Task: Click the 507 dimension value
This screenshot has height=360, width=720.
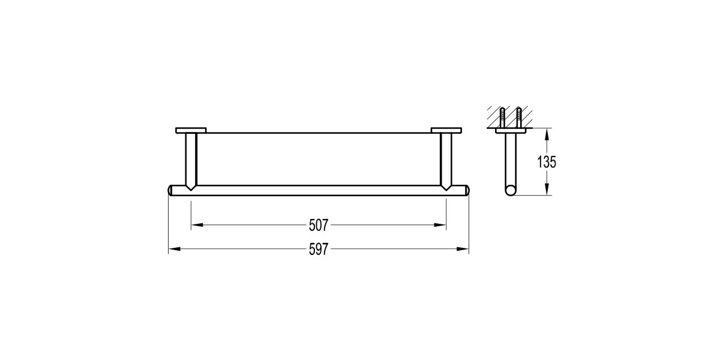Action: pyautogui.click(x=318, y=226)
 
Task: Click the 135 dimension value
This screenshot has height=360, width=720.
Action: pyautogui.click(x=547, y=161)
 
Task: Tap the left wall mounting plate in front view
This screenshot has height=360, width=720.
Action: pyautogui.click(x=191, y=130)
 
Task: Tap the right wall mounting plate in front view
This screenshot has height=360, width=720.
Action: pyautogui.click(x=446, y=130)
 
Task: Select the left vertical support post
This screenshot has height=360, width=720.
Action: pyautogui.click(x=191, y=159)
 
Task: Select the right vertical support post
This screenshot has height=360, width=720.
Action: pyautogui.click(x=446, y=159)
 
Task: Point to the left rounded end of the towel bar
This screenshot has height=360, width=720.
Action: pyautogui.click(x=170, y=190)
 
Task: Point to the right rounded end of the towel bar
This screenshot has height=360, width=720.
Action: pyautogui.click(x=466, y=190)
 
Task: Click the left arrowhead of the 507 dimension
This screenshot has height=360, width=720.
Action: pyautogui.click(x=196, y=226)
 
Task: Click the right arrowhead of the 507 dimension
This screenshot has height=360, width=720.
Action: pyautogui.click(x=442, y=226)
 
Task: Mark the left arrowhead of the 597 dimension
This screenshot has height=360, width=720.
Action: pyautogui.click(x=173, y=249)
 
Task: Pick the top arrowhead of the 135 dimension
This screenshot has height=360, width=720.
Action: pyautogui.click(x=547, y=133)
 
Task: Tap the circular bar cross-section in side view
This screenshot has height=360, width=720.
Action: pyautogui.click(x=511, y=191)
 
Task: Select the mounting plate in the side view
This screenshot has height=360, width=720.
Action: pyautogui.click(x=511, y=130)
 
